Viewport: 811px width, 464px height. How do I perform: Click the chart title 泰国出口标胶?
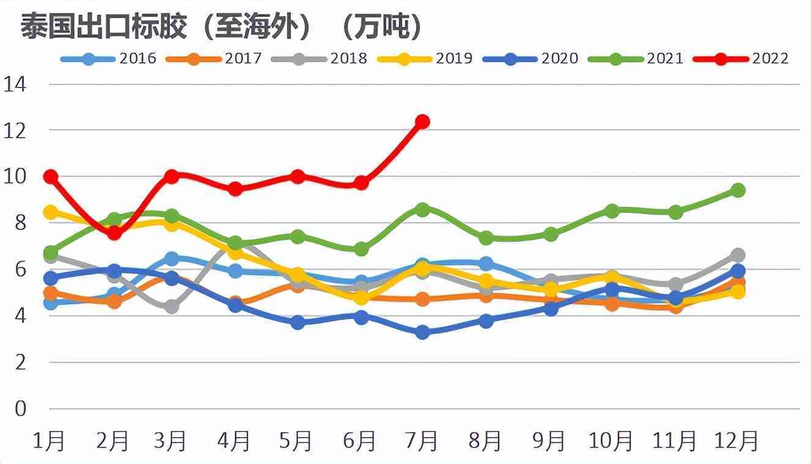click(221, 28)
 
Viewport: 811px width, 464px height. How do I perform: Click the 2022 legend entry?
click(741, 59)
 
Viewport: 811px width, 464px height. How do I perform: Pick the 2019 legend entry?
click(425, 59)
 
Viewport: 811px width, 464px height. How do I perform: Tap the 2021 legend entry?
click(636, 59)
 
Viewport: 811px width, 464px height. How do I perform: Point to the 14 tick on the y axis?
click(16, 84)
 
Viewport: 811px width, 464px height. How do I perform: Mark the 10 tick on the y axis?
click(16, 176)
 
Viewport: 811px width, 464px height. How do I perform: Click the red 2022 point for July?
click(422, 122)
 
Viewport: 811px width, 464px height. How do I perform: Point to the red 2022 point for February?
click(114, 233)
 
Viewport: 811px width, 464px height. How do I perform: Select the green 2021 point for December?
click(738, 190)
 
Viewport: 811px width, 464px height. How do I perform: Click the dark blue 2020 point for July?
click(422, 332)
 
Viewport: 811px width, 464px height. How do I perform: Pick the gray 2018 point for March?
click(172, 306)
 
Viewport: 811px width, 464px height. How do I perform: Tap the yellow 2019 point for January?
click(51, 212)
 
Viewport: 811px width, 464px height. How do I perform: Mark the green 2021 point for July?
click(422, 209)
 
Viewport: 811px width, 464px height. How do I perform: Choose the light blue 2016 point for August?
click(486, 264)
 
